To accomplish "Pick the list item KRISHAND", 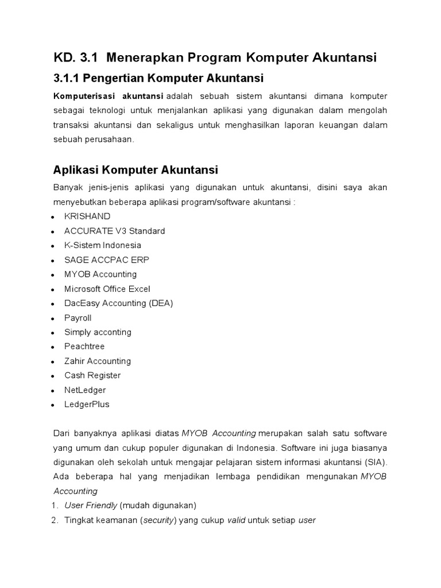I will pyautogui.click(x=87, y=216).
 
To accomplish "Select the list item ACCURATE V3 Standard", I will pyautogui.click(x=114, y=231).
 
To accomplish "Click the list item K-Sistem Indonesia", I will pyautogui.click(x=102, y=245).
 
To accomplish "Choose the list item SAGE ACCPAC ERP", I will pyautogui.click(x=107, y=260).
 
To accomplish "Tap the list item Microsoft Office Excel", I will pyautogui.click(x=107, y=289).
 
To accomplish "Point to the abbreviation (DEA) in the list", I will pyautogui.click(x=161, y=303).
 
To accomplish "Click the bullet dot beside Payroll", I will pyautogui.click(x=53, y=319).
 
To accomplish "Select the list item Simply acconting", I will pyautogui.click(x=98, y=332).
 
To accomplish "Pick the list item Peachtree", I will pyautogui.click(x=84, y=346).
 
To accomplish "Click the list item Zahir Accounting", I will pyautogui.click(x=98, y=361).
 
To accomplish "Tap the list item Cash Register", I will pyautogui.click(x=92, y=376).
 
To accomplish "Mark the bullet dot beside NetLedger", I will pyautogui.click(x=53, y=390).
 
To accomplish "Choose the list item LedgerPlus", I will pyautogui.click(x=87, y=404).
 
